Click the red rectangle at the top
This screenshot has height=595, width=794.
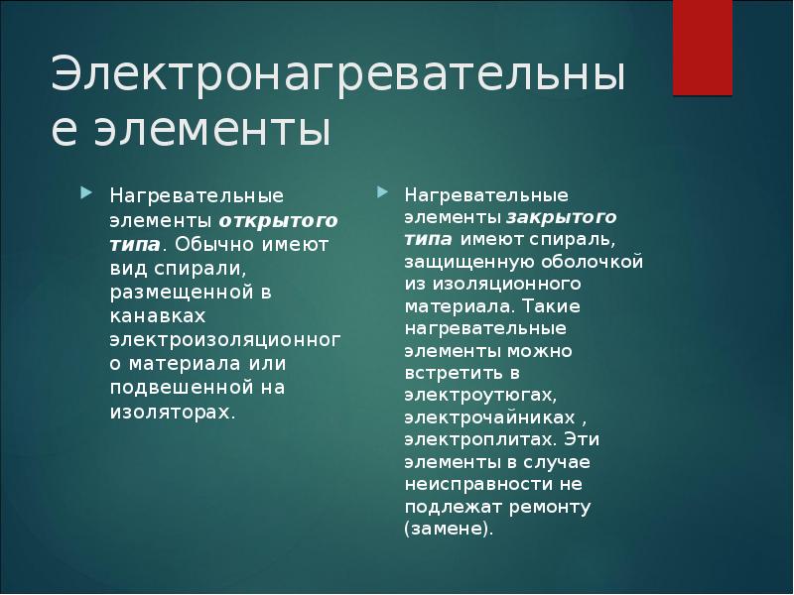(x=703, y=47)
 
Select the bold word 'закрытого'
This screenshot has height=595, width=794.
(x=562, y=217)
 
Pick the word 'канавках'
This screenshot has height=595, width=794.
(x=158, y=316)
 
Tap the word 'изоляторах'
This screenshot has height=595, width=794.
(x=171, y=411)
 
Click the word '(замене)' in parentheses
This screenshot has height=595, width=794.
(x=448, y=529)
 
